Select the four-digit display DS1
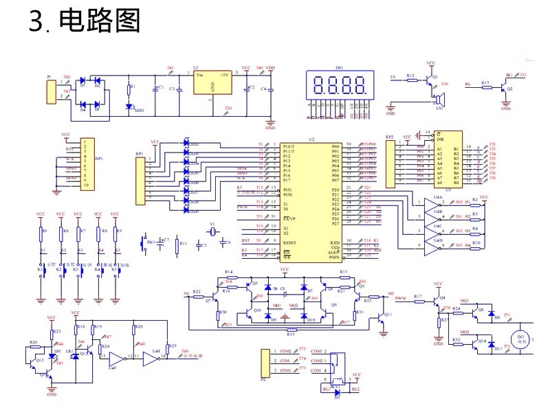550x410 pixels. (340, 86)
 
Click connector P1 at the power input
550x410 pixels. (50, 92)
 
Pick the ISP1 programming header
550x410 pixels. (85, 166)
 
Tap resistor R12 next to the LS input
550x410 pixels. (411, 80)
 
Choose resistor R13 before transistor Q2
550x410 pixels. (485, 87)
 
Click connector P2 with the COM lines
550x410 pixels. (265, 364)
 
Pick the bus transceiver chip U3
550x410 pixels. (448, 159)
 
